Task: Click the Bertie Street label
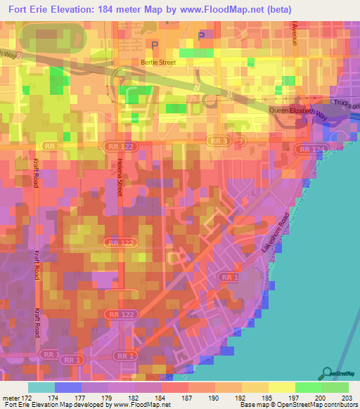click(157, 62)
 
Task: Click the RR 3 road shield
click(218, 141)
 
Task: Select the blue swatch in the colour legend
click(68, 387)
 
